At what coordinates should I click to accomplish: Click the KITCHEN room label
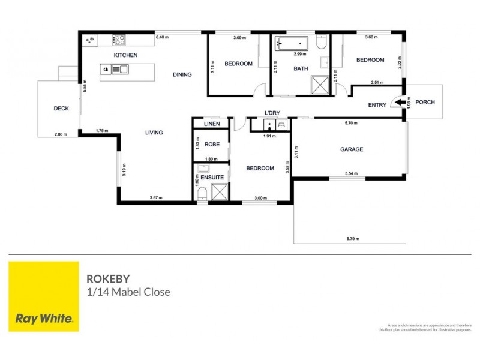pyautogui.click(x=126, y=55)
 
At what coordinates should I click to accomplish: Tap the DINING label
pyautogui.click(x=182, y=75)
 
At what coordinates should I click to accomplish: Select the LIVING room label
pyautogui.click(x=154, y=133)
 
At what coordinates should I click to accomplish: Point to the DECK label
pyautogui.click(x=61, y=109)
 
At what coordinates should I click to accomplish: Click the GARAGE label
pyautogui.click(x=352, y=149)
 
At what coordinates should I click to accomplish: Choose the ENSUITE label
pyautogui.click(x=212, y=177)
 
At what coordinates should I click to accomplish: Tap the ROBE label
pyautogui.click(x=212, y=145)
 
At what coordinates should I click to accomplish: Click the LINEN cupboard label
pyautogui.click(x=212, y=124)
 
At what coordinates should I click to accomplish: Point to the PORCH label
pyautogui.click(x=425, y=103)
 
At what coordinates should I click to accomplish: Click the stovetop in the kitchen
pyautogui.click(x=119, y=40)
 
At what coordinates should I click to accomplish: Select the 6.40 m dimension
pyautogui.click(x=162, y=38)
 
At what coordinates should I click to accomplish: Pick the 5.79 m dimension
pyautogui.click(x=353, y=239)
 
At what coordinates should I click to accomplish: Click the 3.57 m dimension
pyautogui.click(x=157, y=198)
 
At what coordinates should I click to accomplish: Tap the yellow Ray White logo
pyautogui.click(x=44, y=296)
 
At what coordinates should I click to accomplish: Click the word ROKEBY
pyautogui.click(x=107, y=279)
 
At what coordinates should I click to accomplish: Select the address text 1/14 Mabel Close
pyautogui.click(x=128, y=293)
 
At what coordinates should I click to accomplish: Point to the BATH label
pyautogui.click(x=301, y=68)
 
